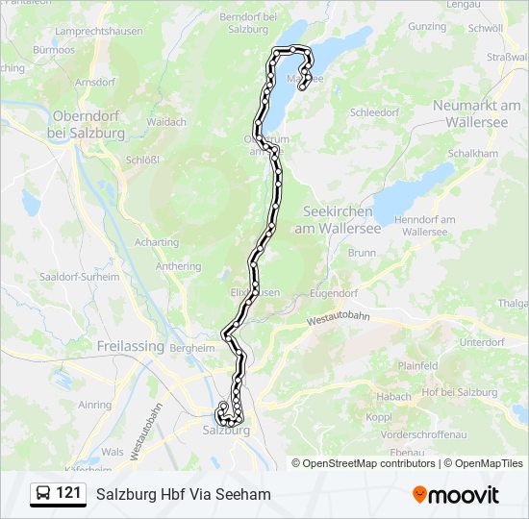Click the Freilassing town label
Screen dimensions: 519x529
pos(130,345)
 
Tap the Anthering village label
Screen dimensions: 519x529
pos(178,266)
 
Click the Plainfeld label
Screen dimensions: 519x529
pos(418,366)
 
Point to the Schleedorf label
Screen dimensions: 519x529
pos(374,111)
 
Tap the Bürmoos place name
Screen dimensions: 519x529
pos(53,48)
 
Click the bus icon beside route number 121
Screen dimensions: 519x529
pos(43,494)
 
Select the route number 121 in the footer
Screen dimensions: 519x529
pos(69,494)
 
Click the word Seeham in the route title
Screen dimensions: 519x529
pos(246,494)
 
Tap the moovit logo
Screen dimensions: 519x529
pos(456,495)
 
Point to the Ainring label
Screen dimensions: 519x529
pos(95,405)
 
